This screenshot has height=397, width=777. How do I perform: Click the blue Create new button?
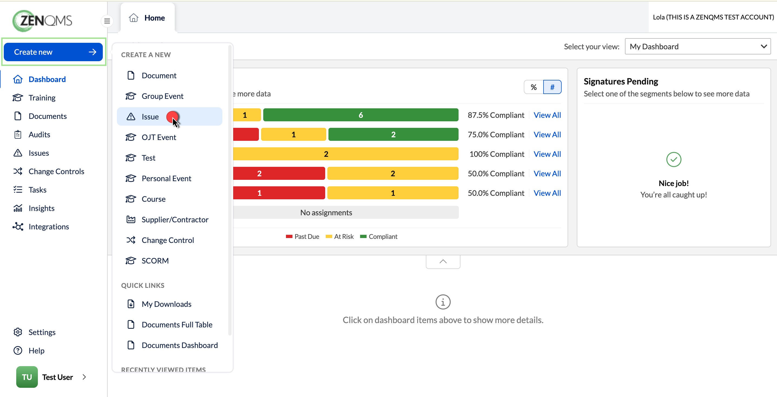[53, 52]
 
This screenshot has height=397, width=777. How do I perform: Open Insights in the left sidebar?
[41, 208]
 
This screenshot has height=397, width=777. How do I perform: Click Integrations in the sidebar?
[49, 226]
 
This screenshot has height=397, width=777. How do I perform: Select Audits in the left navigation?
[39, 134]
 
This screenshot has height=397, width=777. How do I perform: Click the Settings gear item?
[42, 332]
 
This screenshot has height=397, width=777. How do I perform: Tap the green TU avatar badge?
[27, 377]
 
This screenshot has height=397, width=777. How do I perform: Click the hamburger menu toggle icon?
[107, 21]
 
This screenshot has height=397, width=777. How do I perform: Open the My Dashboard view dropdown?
[698, 47]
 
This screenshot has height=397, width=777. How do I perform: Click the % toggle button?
[534, 87]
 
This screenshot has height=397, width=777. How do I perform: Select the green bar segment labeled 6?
[361, 115]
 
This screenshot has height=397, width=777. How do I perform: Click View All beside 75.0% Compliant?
[547, 134]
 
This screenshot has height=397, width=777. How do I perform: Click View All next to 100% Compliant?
[547, 154]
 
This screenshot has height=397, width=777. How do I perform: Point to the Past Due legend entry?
[302, 236]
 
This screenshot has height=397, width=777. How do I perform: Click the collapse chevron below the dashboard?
[443, 261]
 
